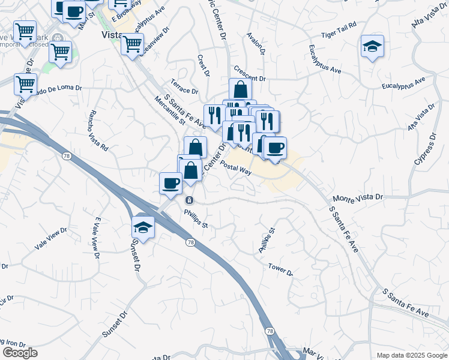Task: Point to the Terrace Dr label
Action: [x=184, y=88]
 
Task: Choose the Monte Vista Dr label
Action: [x=357, y=198]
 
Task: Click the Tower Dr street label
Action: [x=280, y=269]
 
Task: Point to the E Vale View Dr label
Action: [x=95, y=238]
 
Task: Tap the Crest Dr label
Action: [x=202, y=66]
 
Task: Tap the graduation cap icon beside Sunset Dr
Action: [x=143, y=226]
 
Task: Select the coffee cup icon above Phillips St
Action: [x=171, y=183]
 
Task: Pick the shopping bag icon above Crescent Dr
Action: [x=240, y=89]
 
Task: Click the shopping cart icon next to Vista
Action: [x=132, y=43]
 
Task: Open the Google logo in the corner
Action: [x=20, y=353]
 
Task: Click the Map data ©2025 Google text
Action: [x=411, y=355]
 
